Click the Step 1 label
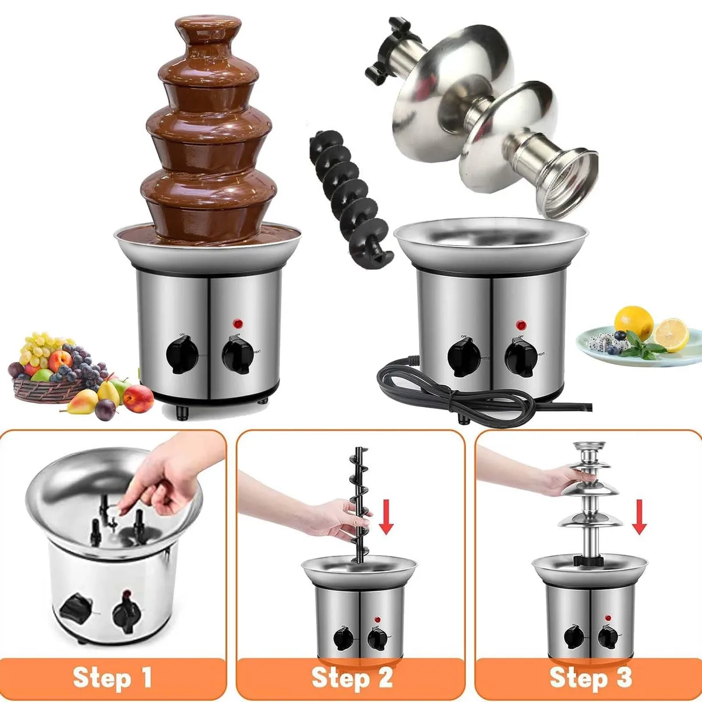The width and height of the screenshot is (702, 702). point(112,678)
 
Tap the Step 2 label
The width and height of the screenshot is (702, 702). point(352,678)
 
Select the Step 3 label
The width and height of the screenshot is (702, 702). point(590,678)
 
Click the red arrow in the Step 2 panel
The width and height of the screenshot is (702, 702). point(386,515)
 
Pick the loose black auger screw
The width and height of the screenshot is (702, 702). point(345,193)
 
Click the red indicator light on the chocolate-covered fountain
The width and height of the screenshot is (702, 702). point(238,323)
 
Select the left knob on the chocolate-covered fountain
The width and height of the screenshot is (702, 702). point(181,354)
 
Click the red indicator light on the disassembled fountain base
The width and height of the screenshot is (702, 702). point(519,324)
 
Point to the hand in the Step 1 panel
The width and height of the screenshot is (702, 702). point(170,474)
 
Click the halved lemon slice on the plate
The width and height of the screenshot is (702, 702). point(672,335)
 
